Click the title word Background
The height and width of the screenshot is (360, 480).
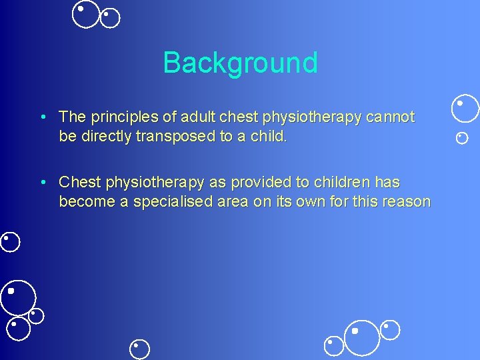click(240, 63)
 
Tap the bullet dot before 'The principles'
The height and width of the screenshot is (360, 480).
click(42, 117)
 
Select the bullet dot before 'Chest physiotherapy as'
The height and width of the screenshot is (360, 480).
click(42, 182)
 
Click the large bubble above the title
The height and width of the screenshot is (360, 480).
click(85, 14)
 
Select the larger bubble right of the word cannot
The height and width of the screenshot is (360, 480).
click(465, 109)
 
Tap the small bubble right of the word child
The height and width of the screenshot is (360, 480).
click(461, 138)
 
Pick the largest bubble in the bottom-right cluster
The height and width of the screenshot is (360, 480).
click(362, 337)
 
